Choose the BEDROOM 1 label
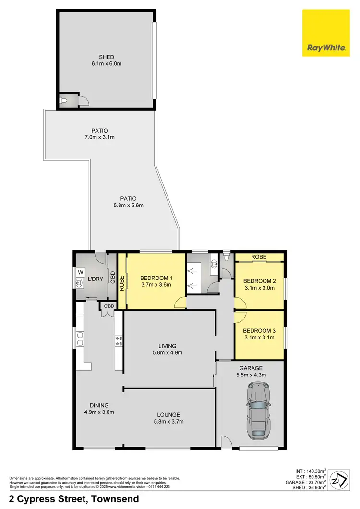[156, 278]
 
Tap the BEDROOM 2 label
[259, 281]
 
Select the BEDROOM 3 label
[259, 330]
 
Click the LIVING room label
[168, 346]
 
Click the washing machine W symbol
[80, 272]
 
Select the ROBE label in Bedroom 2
[259, 257]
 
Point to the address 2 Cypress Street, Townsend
[74, 498]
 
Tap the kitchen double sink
[79, 339]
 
